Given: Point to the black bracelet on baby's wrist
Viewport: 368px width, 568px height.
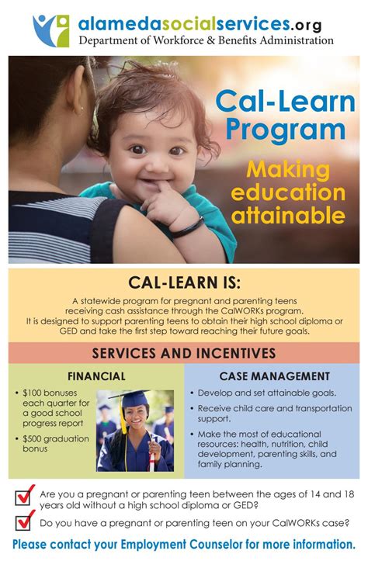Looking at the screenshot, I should click(x=186, y=228).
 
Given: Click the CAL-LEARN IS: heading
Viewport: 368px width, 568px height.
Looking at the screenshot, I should click(x=184, y=280).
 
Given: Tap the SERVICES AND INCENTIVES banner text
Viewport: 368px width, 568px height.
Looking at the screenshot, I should click(x=184, y=353).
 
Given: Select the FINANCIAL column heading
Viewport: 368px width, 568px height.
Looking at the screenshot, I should click(x=96, y=376).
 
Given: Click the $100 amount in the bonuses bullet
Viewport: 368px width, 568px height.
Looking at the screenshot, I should click(x=34, y=393).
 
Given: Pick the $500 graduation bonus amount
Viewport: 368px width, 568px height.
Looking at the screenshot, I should click(x=34, y=438).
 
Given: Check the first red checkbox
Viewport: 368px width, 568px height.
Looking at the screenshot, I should click(x=26, y=495).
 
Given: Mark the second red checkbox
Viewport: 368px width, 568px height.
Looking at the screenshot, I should click(x=26, y=521).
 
